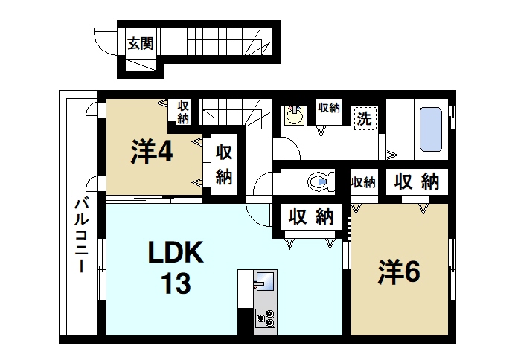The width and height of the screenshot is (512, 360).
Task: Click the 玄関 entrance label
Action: pyautogui.click(x=140, y=43)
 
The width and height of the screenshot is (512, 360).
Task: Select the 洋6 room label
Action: pyautogui.click(x=399, y=272)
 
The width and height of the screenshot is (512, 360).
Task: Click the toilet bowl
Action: pyautogui.click(x=319, y=181)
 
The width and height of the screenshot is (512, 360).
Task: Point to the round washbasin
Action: pyautogui.click(x=295, y=116)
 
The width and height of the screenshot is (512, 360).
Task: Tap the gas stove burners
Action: pyautogui.click(x=265, y=319)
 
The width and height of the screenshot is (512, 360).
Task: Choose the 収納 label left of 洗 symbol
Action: pyautogui.click(x=329, y=107)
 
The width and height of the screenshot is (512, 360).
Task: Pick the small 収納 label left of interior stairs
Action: pyautogui.click(x=183, y=111)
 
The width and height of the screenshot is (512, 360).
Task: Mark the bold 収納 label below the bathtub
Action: pyautogui.click(x=416, y=181)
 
